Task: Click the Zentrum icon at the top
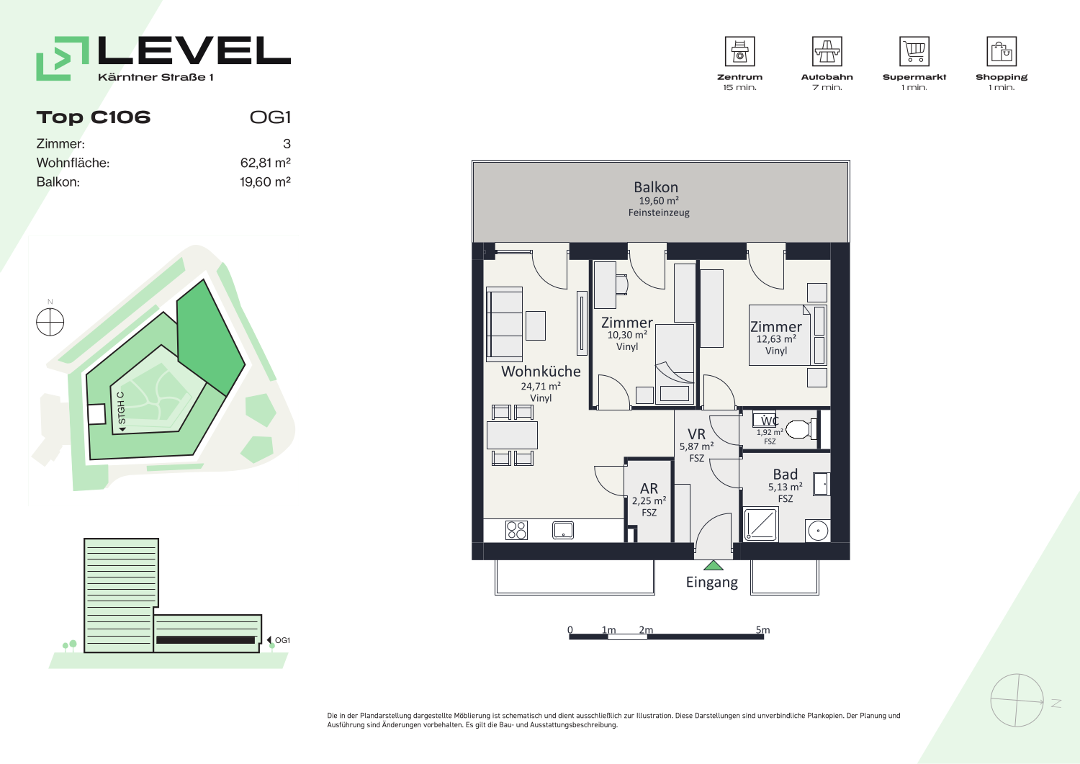click(739, 51)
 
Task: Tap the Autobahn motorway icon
click(827, 51)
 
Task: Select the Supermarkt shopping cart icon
click(914, 51)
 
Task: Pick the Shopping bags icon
click(1002, 51)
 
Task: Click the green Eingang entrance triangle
click(713, 565)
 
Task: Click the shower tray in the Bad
click(760, 524)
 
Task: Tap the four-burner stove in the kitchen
click(516, 531)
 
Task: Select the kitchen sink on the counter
click(562, 530)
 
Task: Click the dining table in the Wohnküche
click(512, 436)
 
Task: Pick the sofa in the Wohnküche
click(504, 324)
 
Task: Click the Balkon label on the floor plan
click(656, 187)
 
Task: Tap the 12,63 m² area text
click(775, 339)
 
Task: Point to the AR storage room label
click(649, 488)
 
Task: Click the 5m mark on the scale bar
click(762, 630)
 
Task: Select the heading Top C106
click(94, 117)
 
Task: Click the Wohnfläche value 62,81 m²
click(265, 163)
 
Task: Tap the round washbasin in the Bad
click(818, 531)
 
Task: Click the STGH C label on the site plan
click(121, 408)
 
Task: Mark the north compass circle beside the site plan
click(50, 322)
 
